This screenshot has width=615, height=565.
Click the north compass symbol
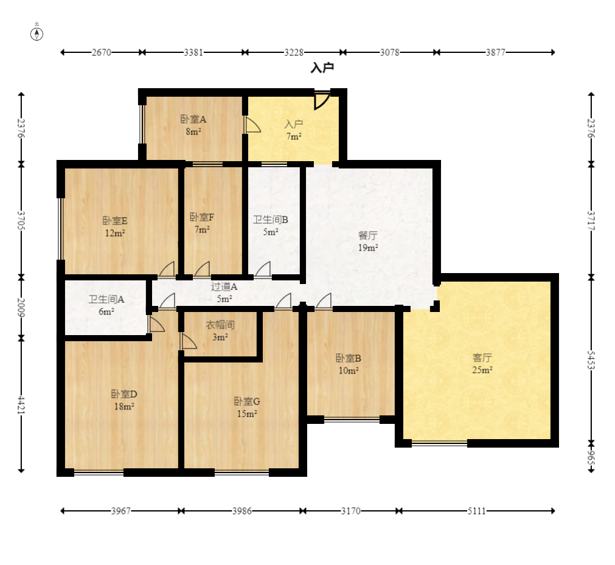[37, 34]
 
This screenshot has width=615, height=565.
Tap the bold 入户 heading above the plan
[322, 68]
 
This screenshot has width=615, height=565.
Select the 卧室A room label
[193, 119]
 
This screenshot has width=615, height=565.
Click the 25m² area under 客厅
[482, 370]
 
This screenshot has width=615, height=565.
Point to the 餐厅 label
[368, 235]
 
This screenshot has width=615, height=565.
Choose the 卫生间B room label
[271, 220]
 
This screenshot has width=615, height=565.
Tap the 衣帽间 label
[220, 325]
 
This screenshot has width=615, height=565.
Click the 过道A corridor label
[224, 286]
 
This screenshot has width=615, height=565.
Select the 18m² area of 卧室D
[124, 407]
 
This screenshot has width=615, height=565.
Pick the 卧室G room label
[247, 401]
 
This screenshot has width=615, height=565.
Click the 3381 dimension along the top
[194, 52]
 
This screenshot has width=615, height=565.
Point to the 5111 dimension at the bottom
[476, 511]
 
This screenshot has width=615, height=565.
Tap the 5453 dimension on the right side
[591, 360]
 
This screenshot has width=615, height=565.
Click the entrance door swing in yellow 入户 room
[322, 100]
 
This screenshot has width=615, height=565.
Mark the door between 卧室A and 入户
[252, 124]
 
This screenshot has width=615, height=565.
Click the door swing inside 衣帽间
[189, 341]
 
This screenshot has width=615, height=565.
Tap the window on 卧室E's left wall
[61, 229]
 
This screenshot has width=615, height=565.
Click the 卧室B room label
[349, 358]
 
